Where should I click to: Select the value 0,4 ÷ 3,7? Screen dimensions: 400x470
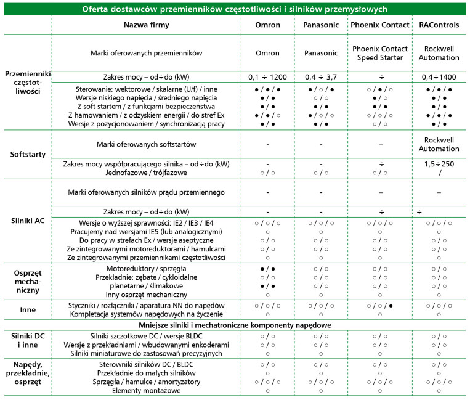coord(321,77)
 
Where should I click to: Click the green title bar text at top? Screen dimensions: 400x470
coord(235,8)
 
